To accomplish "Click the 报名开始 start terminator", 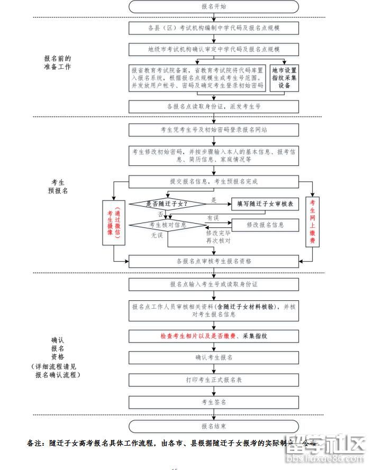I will pos(214,6).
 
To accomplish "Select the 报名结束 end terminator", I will pos(214,426).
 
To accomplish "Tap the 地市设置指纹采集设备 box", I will pos(284,78).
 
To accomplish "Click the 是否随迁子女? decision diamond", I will pos(167,204).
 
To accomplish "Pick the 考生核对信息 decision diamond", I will pos(167,225).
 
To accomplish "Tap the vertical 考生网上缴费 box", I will pos(313,222).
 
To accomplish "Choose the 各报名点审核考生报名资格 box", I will pos(214,261).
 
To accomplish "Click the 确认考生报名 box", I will pos(214,357).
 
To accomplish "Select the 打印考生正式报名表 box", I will pos(214,380).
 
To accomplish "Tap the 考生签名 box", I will pos(214,402).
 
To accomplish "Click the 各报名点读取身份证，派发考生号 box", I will pos(214,106).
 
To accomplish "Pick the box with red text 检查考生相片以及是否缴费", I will pos(214,336).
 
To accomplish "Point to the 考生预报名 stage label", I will pos(58,186).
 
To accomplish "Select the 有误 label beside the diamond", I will pos(213,217).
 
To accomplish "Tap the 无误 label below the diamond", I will pos(157,235).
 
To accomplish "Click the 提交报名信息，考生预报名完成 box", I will pos(214,182).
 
